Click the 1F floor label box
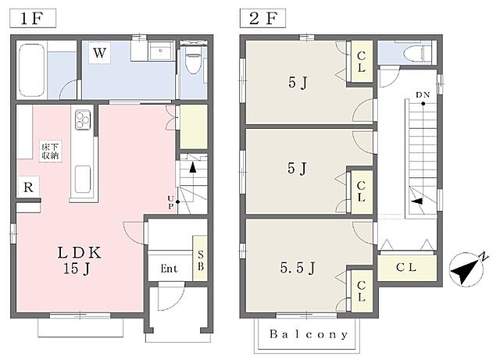(x=33, y=18)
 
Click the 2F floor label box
(x=262, y=18)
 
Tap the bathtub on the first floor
(x=31, y=70)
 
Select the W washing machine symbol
(x=99, y=52)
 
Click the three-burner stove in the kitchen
(x=83, y=119)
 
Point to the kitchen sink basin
(x=83, y=179)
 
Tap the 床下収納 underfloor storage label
(x=50, y=151)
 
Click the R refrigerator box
(x=28, y=187)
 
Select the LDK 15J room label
(x=79, y=260)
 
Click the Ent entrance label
(x=169, y=269)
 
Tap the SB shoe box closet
(x=200, y=258)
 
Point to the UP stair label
(x=171, y=202)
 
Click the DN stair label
(x=423, y=95)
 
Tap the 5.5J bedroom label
(x=298, y=268)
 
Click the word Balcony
(x=309, y=334)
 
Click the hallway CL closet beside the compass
(x=407, y=268)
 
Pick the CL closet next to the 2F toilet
(x=362, y=61)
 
